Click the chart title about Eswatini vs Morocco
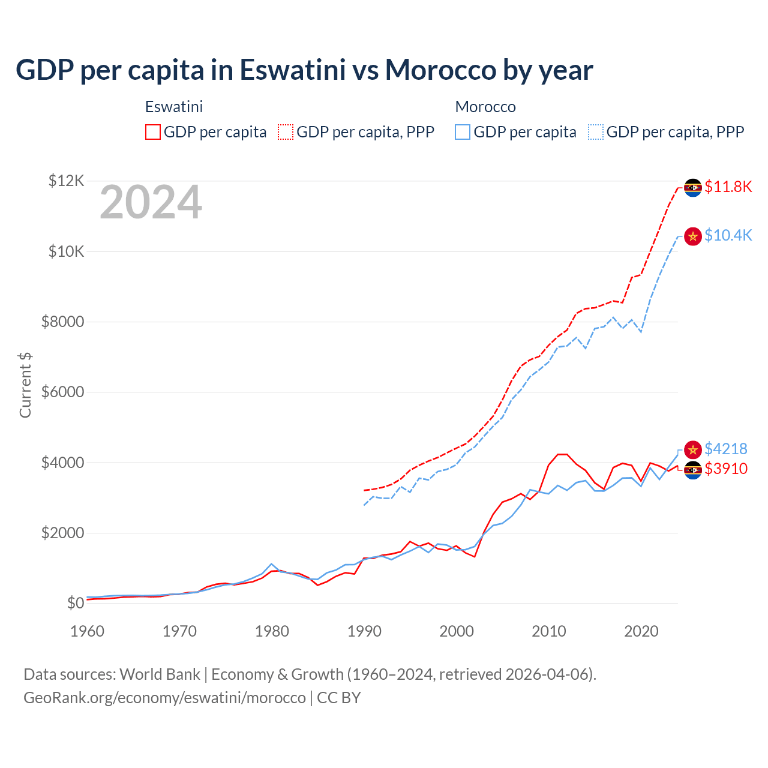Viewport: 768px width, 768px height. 304,70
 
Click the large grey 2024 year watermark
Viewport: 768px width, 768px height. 151,203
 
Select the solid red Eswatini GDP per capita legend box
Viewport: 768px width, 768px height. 153,132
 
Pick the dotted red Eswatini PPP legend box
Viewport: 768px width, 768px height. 286,132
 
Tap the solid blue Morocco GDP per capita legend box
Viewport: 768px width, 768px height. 463,132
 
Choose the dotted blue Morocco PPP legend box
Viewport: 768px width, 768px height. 596,132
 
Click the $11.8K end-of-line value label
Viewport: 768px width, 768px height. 728,187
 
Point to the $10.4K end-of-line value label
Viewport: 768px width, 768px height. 728,235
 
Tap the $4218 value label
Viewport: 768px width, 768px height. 726,449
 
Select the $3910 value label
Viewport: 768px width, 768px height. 726,469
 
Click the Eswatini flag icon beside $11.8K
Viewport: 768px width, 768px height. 693,187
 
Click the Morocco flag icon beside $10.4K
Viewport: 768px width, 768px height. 693,236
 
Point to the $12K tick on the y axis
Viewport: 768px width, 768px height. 66,181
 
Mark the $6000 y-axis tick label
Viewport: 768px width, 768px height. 62,392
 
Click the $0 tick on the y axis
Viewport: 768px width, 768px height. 75,603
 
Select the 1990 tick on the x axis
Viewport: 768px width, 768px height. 364,631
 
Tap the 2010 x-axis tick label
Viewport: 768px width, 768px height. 549,631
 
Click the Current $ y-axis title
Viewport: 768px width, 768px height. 25,385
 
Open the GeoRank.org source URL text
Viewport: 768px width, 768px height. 164,698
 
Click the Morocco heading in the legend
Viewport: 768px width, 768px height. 485,107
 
